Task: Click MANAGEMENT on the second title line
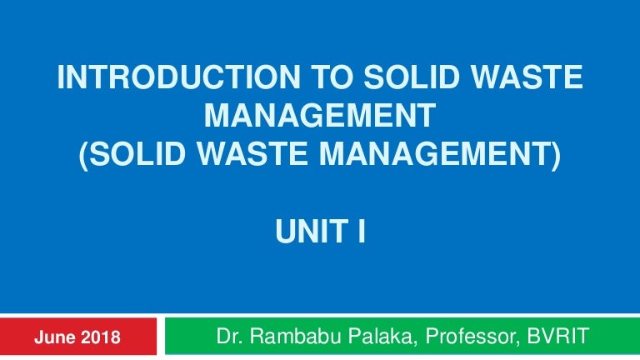click(320, 117)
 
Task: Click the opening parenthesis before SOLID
click(84, 155)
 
